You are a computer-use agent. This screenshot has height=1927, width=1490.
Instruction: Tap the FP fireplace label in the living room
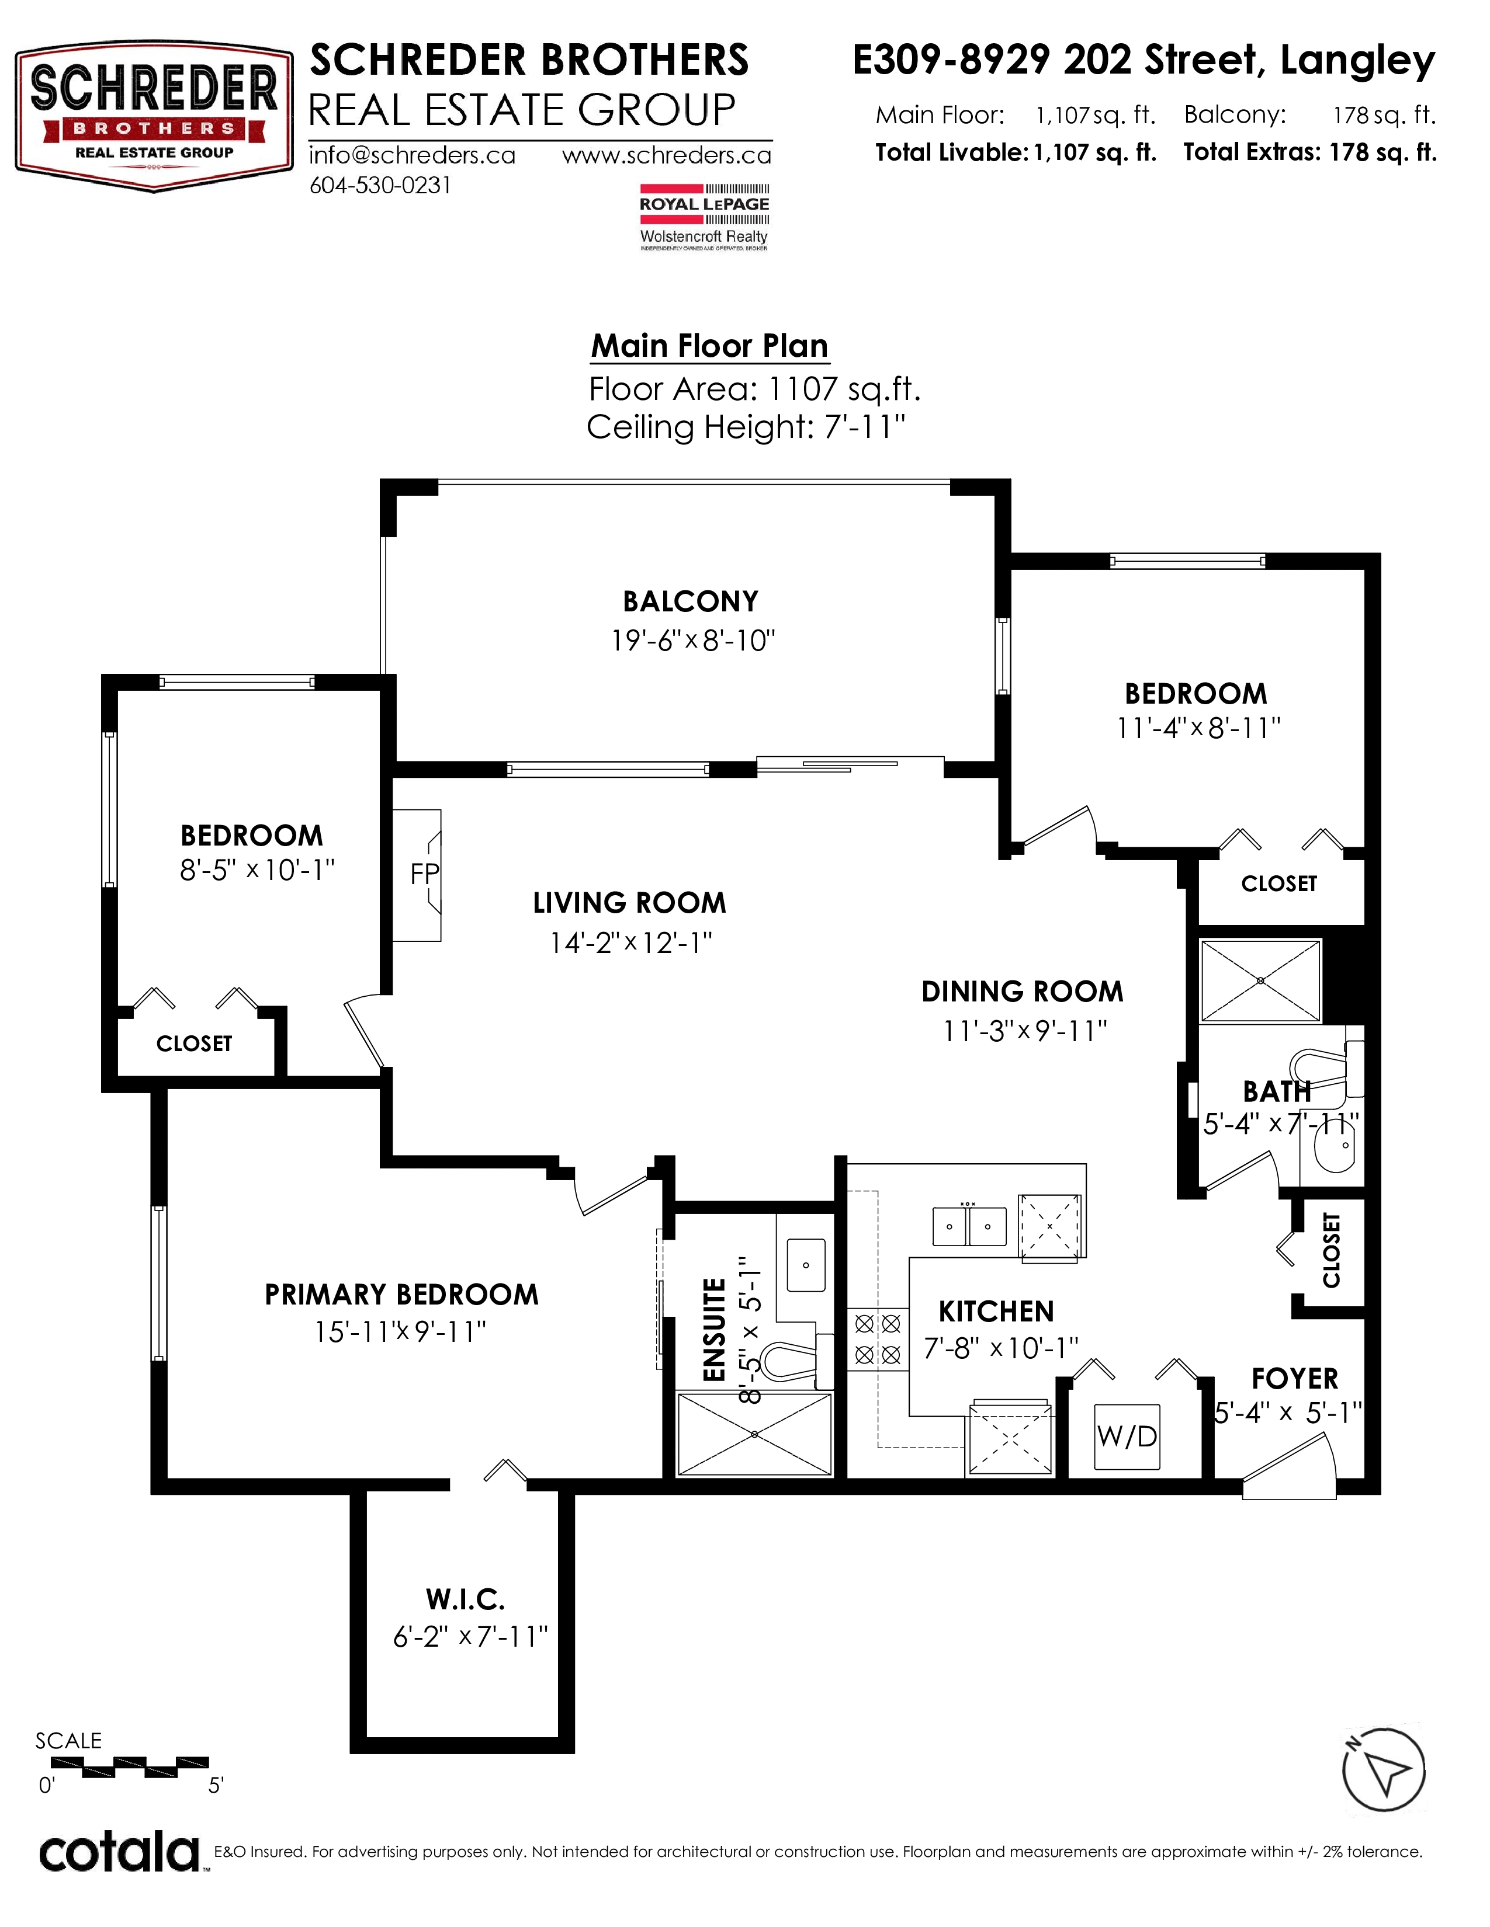(x=425, y=874)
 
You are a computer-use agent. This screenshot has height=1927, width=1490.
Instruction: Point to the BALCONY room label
(x=690, y=601)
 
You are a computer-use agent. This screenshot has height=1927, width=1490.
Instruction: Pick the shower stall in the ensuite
(x=755, y=1434)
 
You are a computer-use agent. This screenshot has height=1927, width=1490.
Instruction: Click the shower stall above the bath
(x=1260, y=981)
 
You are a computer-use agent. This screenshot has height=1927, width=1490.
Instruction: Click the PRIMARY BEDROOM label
(x=401, y=1295)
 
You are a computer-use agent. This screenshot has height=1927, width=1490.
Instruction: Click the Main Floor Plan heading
(x=710, y=346)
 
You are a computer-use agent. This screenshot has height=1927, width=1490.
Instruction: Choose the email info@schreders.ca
(x=412, y=155)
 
